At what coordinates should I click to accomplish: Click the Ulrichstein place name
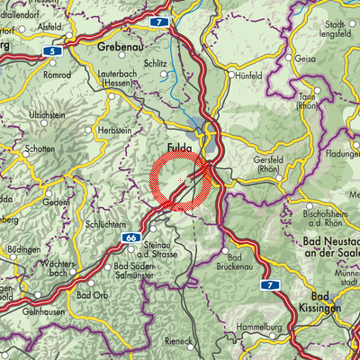coord(48,116)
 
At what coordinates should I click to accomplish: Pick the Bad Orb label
coord(92,294)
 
